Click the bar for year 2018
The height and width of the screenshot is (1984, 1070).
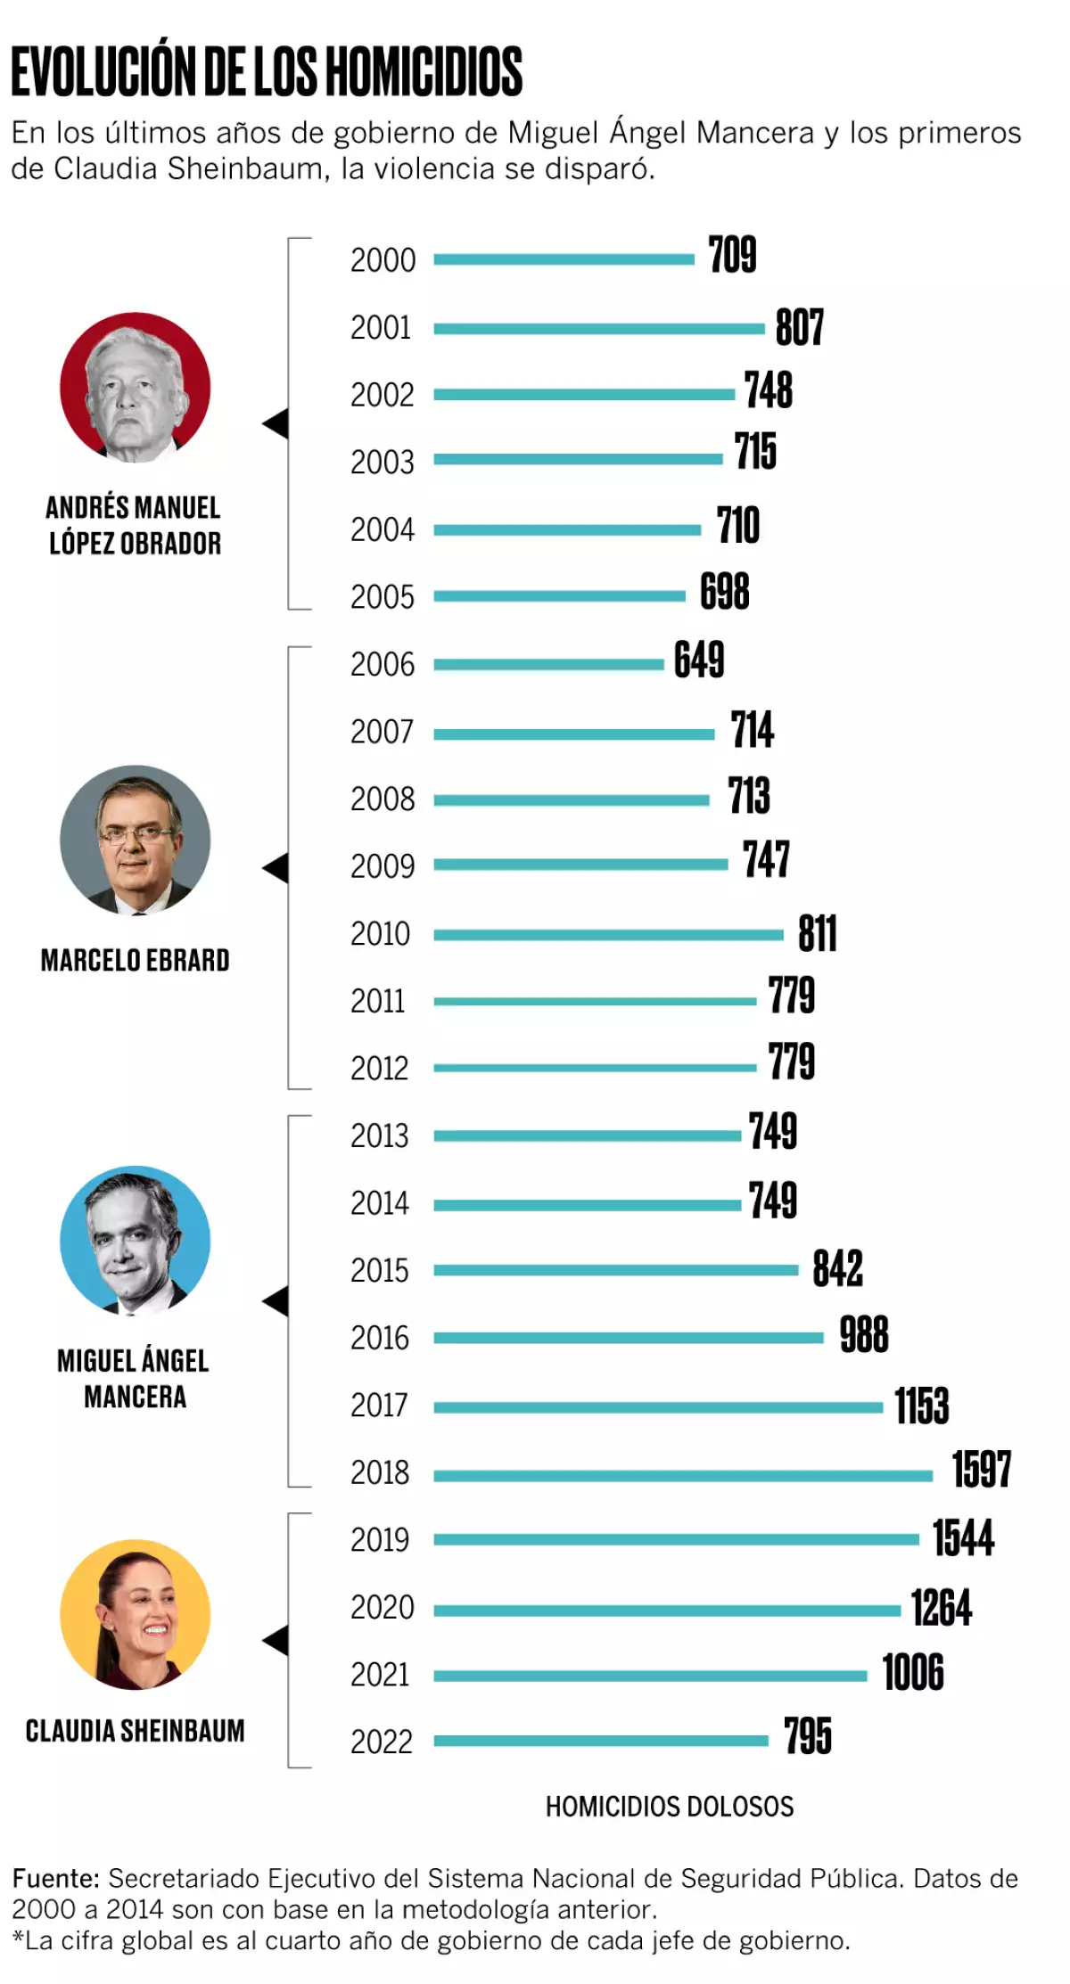[x=683, y=1476]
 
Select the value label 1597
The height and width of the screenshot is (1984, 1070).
[x=982, y=1470]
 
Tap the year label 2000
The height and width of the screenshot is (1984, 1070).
[x=383, y=260]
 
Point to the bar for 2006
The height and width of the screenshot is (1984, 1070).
[x=548, y=664]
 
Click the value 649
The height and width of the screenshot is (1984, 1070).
[x=699, y=660]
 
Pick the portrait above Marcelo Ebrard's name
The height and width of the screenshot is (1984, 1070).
[x=136, y=840]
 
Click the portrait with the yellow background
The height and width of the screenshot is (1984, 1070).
[x=136, y=1614]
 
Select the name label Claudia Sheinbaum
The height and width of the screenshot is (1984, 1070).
[x=135, y=1731]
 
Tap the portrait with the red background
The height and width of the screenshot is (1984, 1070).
[x=136, y=387]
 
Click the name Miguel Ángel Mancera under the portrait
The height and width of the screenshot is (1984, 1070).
[x=134, y=1378]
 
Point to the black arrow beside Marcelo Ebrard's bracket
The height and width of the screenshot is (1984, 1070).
[x=276, y=867]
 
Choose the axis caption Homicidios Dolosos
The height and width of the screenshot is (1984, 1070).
[x=670, y=1807]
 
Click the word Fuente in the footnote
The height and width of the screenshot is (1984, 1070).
[x=55, y=1879]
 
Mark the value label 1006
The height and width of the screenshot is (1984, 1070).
[x=913, y=1672]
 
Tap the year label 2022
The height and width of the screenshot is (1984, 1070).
[x=382, y=1742]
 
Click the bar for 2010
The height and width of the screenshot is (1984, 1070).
[x=608, y=935]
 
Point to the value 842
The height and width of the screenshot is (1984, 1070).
[x=837, y=1268]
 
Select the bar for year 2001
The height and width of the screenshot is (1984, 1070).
[x=599, y=329]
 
